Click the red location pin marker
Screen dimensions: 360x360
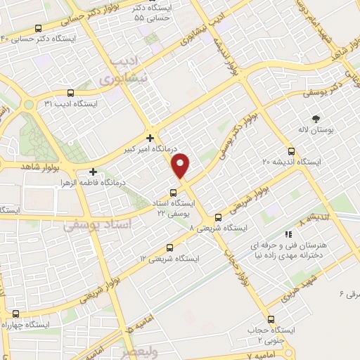181,165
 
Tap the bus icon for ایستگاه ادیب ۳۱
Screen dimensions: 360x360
70,92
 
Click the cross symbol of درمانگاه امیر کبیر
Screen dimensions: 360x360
150,137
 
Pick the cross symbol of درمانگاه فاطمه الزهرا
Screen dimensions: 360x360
94,172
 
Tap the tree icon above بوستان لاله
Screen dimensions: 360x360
315,119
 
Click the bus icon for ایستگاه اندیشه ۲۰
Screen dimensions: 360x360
292,150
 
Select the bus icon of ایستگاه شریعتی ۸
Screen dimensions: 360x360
217,217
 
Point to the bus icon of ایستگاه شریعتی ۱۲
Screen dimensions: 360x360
169,247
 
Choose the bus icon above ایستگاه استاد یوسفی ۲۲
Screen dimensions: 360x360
174,193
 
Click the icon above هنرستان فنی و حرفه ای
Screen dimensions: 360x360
288,234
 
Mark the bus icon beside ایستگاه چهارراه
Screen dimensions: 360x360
15,313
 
